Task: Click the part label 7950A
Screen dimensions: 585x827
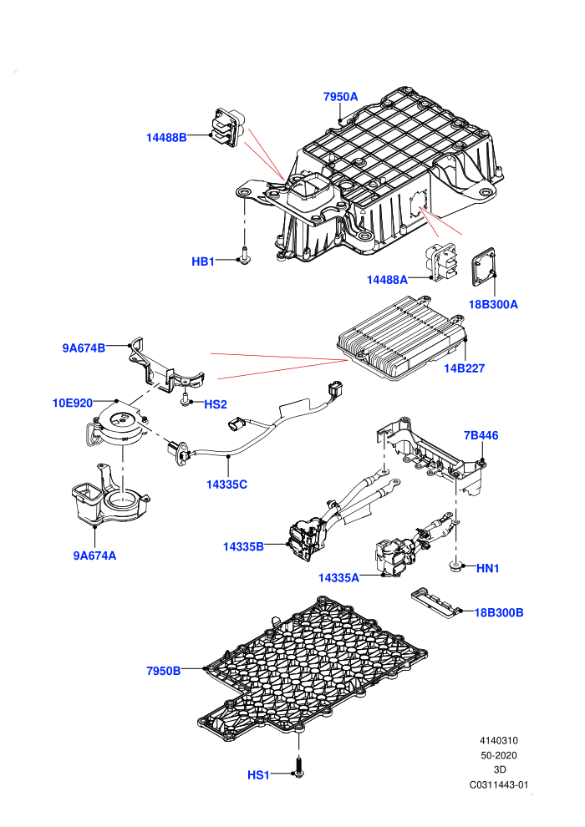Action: [x=340, y=97]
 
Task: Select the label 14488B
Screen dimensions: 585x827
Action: [x=166, y=138]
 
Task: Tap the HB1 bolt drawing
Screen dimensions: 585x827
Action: [x=244, y=256]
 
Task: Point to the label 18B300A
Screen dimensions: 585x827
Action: [x=493, y=304]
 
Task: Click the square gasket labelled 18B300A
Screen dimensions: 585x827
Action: [x=484, y=266]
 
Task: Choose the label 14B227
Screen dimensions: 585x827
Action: [x=464, y=368]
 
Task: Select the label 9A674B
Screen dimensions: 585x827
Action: [x=84, y=348]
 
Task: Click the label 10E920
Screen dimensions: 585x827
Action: [x=72, y=403]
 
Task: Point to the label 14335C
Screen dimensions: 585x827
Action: [x=226, y=485]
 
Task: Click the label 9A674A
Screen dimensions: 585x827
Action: [x=94, y=556]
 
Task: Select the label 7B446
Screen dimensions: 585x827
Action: [x=481, y=435]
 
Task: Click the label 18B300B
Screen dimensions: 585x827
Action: [x=498, y=612]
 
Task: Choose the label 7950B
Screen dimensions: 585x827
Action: [x=164, y=671]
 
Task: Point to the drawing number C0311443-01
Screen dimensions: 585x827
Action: [x=498, y=784]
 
